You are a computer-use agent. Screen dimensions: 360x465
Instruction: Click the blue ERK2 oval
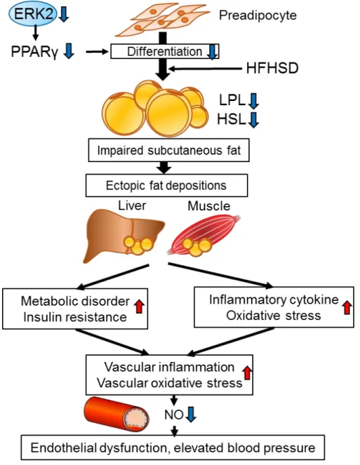point(33,14)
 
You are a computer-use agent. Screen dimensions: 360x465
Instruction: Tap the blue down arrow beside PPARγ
point(69,50)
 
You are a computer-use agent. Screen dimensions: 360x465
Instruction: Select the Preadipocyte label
point(258,15)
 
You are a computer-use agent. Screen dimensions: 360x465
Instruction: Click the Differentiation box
point(165,52)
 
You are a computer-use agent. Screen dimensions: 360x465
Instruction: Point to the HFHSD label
point(272,68)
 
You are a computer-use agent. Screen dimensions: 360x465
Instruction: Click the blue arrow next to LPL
point(254,101)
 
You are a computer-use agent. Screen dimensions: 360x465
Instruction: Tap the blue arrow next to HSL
point(254,120)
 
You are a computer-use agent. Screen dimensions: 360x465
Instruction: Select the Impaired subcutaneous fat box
point(169,150)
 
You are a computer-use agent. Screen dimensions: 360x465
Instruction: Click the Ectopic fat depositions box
point(166,185)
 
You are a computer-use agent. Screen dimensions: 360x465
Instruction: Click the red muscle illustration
point(205,236)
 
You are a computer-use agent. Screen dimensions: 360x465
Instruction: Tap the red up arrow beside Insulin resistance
point(139,306)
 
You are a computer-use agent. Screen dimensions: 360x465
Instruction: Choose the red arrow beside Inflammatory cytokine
point(347,307)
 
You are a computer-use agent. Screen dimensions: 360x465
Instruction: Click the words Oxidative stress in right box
point(274,316)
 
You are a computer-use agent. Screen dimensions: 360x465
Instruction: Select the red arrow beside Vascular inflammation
point(247,372)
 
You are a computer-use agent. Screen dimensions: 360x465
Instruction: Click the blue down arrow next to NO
point(191,414)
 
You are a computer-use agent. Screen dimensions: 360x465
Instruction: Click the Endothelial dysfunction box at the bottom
point(173,447)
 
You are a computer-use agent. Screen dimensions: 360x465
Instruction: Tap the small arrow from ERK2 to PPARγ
point(36,33)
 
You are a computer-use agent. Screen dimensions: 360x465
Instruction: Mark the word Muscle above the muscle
point(209,205)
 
